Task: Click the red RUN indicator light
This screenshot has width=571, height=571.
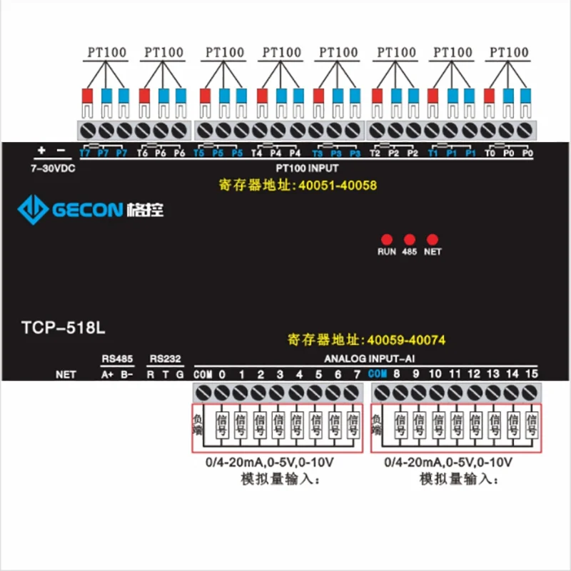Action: (x=386, y=239)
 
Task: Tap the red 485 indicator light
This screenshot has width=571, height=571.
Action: (x=410, y=239)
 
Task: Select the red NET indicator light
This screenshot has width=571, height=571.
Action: (x=432, y=239)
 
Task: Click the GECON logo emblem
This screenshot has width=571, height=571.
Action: (x=32, y=208)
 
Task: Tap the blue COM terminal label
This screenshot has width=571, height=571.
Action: (x=378, y=374)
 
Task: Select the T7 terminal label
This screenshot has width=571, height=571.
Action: (x=85, y=153)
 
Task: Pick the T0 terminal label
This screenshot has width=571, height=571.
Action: (x=489, y=153)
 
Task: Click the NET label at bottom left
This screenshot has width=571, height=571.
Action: (x=66, y=374)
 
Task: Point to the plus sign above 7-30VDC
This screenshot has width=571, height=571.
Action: (x=41, y=151)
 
